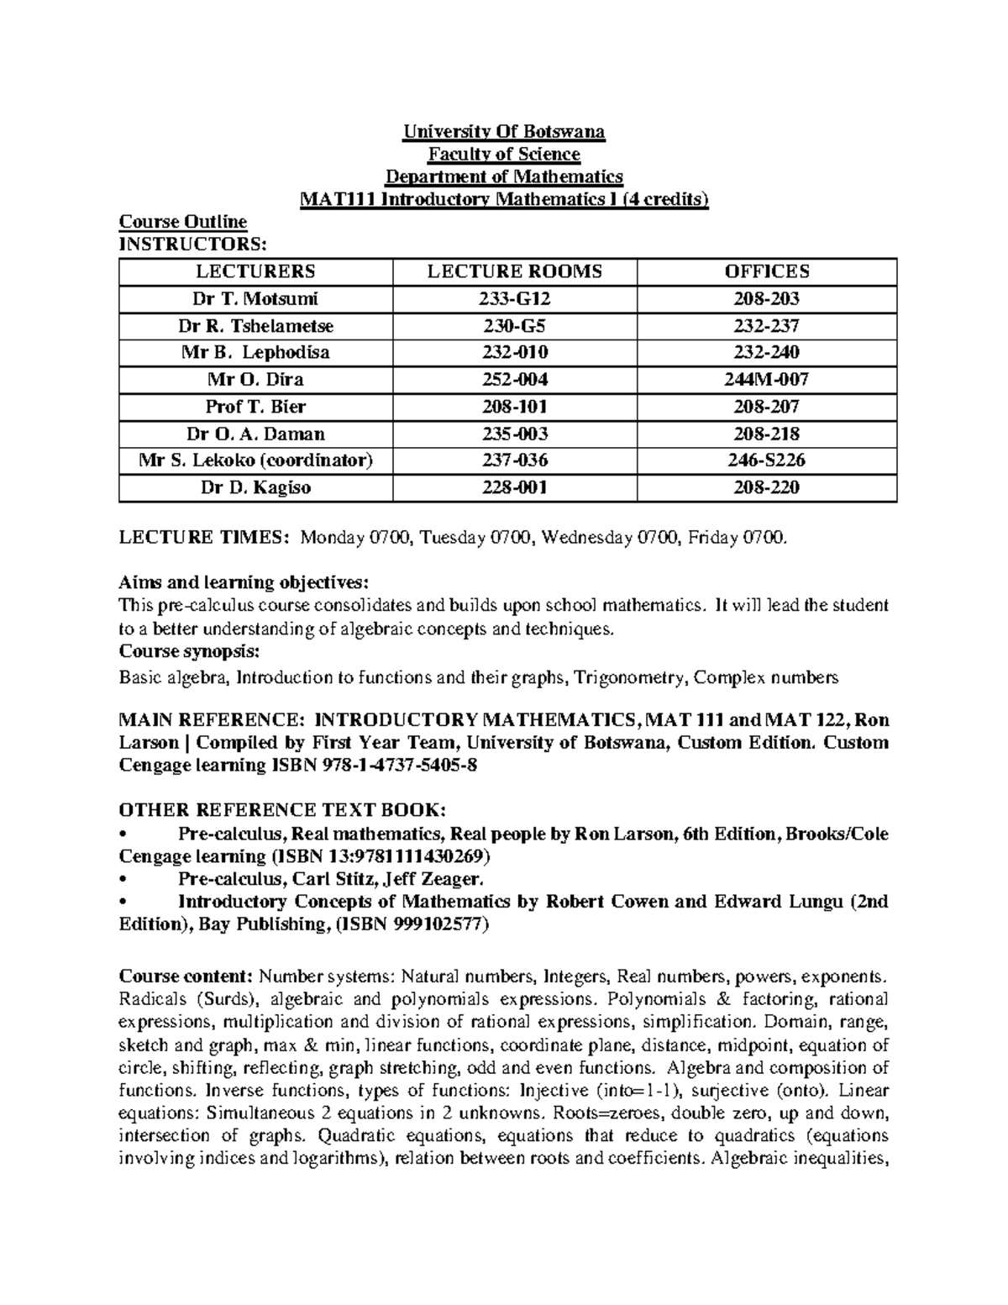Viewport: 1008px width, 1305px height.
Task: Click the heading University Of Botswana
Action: [504, 132]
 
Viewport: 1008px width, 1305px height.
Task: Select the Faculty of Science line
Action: [504, 155]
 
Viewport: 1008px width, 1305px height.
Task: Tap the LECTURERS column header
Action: [255, 271]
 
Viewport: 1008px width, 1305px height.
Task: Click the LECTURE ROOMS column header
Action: [514, 271]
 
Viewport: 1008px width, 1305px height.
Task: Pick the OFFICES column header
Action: [767, 271]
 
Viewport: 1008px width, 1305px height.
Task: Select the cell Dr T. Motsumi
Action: [255, 298]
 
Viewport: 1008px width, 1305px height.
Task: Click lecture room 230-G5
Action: [514, 325]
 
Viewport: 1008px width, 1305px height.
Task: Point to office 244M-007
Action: [767, 380]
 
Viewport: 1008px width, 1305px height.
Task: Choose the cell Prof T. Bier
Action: [255, 407]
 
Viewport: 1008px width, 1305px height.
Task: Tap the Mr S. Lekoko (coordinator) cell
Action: [255, 460]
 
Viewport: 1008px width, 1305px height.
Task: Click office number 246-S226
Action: [767, 460]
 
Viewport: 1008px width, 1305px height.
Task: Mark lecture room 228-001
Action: [514, 487]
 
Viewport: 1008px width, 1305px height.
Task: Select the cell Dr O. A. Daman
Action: [255, 434]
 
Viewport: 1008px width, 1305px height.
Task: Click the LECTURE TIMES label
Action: [205, 538]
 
